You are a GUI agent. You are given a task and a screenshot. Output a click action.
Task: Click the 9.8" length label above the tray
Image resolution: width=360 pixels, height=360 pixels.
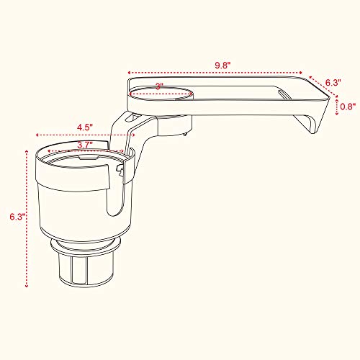point(222,64)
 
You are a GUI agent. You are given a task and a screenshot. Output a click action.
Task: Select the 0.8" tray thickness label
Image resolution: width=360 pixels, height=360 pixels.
point(347,107)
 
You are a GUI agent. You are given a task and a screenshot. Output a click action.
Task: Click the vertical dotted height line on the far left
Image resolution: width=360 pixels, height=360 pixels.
point(27,216)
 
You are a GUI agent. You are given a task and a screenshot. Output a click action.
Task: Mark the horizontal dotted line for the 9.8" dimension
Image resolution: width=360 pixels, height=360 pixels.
point(216,73)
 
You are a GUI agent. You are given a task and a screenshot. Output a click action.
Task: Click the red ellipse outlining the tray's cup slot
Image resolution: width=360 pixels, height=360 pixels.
point(161,93)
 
